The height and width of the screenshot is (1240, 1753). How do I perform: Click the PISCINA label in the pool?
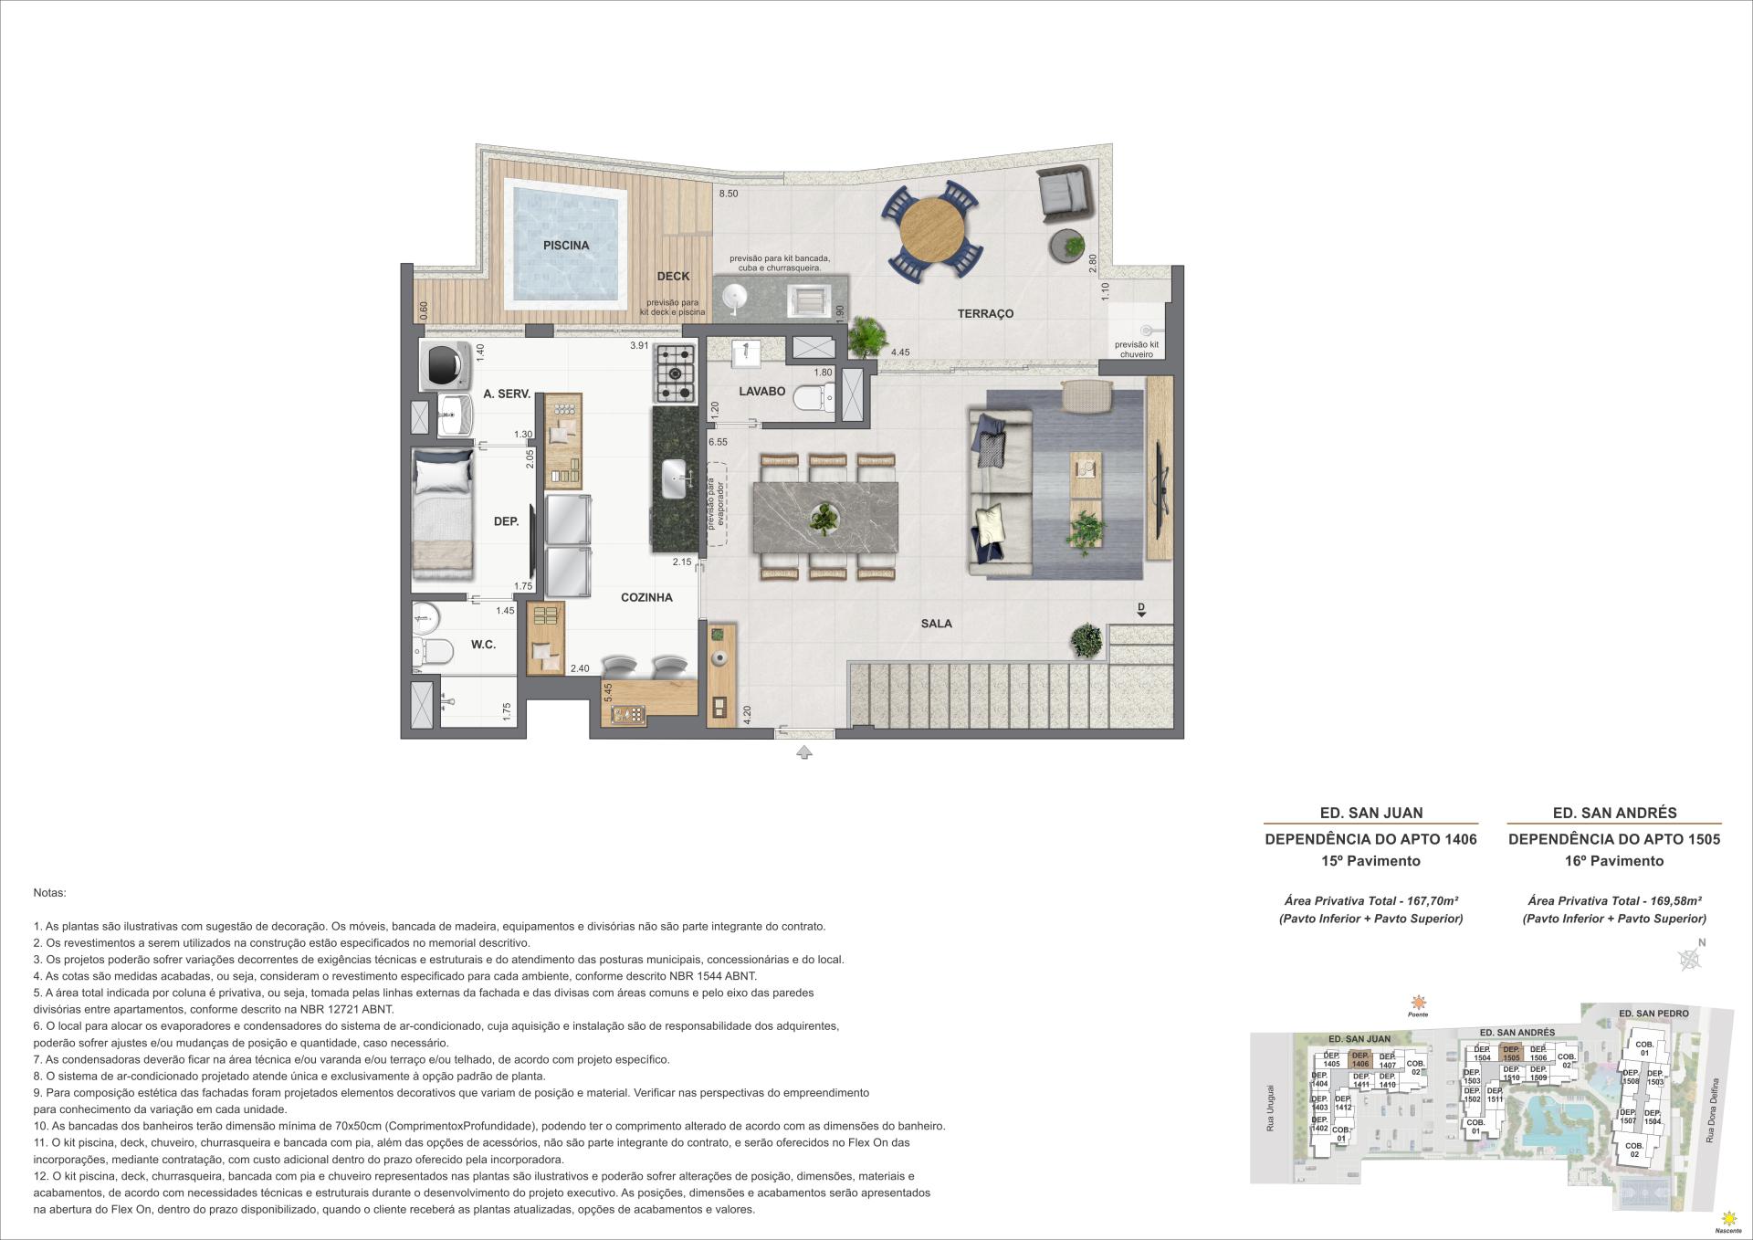(566, 245)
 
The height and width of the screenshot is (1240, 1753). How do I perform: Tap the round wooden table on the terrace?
(931, 229)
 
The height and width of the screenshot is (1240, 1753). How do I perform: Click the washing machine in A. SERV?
(446, 365)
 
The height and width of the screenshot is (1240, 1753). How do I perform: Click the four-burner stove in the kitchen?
(674, 373)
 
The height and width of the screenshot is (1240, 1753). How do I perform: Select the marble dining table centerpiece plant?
(824, 519)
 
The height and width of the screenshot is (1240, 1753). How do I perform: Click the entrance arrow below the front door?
(803, 752)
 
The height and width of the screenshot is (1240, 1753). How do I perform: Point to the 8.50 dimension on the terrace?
(728, 194)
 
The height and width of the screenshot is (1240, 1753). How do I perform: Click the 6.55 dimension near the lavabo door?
(718, 441)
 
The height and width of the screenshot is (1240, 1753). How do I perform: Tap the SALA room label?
(936, 624)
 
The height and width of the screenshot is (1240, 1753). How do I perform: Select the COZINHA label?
(646, 597)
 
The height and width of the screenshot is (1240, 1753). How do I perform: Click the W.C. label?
(483, 645)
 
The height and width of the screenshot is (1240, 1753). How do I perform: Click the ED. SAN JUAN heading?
(1371, 813)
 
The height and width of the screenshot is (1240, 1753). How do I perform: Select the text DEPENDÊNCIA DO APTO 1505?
(1613, 838)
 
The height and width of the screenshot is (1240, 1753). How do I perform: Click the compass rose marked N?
(1691, 958)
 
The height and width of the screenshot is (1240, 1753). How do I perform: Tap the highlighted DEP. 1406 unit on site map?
(1360, 1060)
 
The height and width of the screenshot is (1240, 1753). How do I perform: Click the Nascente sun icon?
(1727, 1218)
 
